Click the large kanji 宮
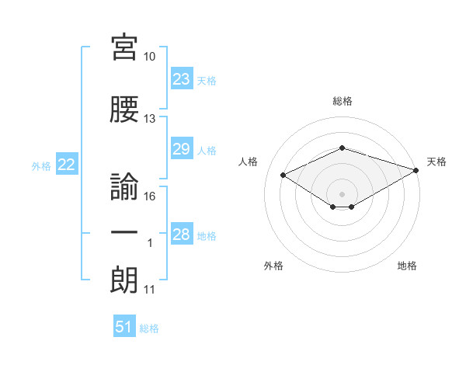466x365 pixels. click(x=124, y=47)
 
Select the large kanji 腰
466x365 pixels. click(x=124, y=109)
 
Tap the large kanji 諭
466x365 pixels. click(x=124, y=186)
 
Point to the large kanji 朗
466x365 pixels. click(x=124, y=280)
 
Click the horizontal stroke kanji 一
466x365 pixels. click(x=124, y=232)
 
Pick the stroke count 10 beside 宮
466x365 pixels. click(x=149, y=57)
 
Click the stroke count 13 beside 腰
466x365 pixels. click(x=149, y=119)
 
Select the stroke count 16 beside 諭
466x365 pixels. click(x=149, y=196)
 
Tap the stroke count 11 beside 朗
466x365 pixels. click(x=149, y=290)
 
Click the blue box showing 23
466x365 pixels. click(x=182, y=78)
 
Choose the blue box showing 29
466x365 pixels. click(x=182, y=148)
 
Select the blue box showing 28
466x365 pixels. click(x=182, y=233)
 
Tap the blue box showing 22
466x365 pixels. click(x=67, y=164)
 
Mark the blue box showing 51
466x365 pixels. click(x=124, y=325)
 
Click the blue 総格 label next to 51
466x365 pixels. click(x=149, y=328)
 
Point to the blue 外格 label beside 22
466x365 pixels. click(x=41, y=166)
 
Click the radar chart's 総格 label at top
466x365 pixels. click(x=343, y=101)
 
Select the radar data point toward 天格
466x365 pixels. click(x=416, y=170)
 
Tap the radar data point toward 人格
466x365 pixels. click(x=283, y=175)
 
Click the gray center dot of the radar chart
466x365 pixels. click(x=342, y=194)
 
